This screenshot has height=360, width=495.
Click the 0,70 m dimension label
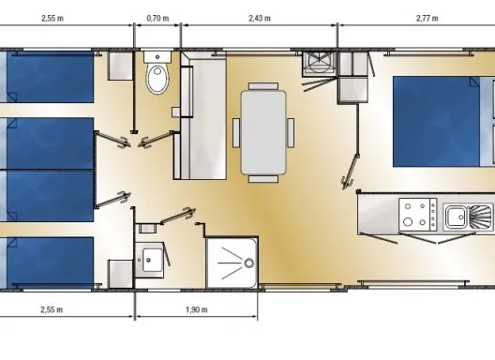[x=157, y=19]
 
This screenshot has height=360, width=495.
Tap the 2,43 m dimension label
[x=260, y=19]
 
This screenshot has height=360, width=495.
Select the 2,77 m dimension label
[x=427, y=19]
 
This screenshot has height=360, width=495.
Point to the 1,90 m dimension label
[x=196, y=309]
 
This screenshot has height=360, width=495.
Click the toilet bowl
[x=157, y=79]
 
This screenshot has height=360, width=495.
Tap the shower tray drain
[x=249, y=263]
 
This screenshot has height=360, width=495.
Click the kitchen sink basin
[x=455, y=217]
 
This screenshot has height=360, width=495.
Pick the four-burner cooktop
[x=418, y=215]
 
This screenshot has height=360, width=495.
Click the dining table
[x=263, y=132]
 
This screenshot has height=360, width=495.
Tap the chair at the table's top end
[x=263, y=86]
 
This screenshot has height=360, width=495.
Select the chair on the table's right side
[x=291, y=132]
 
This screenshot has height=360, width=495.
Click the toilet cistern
[x=157, y=57]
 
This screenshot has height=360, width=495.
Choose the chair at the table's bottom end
[x=263, y=179]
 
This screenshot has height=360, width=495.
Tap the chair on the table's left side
[x=236, y=132]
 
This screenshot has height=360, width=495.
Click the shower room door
[x=178, y=216]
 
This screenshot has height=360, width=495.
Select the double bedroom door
[x=351, y=171]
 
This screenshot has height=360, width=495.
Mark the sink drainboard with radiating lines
[x=481, y=217]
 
